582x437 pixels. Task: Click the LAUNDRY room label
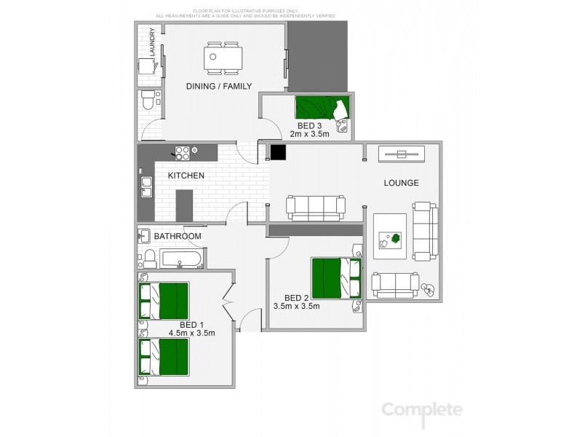pyautogui.click(x=152, y=42)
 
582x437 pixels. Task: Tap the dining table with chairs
pyautogui.click(x=223, y=58)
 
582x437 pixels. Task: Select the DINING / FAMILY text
pyautogui.click(x=219, y=87)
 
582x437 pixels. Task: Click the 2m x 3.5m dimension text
pyautogui.click(x=310, y=134)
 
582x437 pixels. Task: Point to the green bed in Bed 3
pyautogui.click(x=320, y=109)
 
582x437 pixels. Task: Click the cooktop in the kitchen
pyautogui.click(x=180, y=152)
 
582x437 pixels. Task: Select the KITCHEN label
pyautogui.click(x=186, y=176)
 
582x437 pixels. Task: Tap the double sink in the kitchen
pyautogui.click(x=146, y=186)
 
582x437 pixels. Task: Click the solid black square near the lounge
pyautogui.click(x=277, y=152)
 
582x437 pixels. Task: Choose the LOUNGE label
pyautogui.click(x=402, y=183)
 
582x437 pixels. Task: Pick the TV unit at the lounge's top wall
pyautogui.click(x=401, y=154)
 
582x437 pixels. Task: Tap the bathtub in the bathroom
pyautogui.click(x=182, y=259)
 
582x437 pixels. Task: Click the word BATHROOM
pyautogui.click(x=177, y=237)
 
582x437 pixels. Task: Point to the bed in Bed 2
pyautogui.click(x=335, y=277)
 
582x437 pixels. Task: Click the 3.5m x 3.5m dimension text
pyautogui.click(x=296, y=307)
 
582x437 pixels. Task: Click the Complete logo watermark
pyautogui.click(x=423, y=410)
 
